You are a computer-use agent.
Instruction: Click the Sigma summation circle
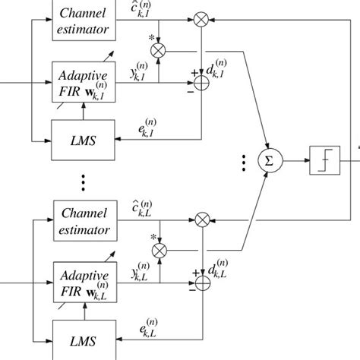(x=266, y=159)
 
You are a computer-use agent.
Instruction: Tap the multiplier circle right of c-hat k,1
(x=202, y=17)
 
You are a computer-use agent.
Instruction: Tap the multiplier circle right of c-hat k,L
(x=202, y=219)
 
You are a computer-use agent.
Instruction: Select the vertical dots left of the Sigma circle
(x=242, y=160)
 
